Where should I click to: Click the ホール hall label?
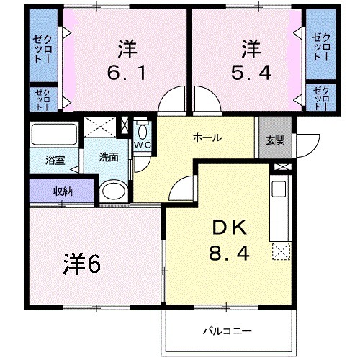(x=206, y=138)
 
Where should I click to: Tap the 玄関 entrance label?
(x=274, y=140)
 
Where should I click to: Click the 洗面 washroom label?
(x=109, y=157)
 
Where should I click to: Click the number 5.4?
(x=250, y=73)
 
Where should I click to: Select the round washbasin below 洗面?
(x=112, y=191)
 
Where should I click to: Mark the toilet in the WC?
(x=142, y=130)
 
